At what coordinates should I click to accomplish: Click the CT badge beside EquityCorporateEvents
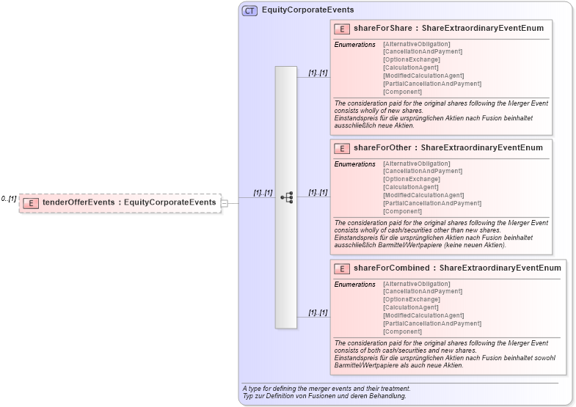pyautogui.click(x=249, y=10)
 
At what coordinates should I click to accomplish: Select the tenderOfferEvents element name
pyautogui.click(x=129, y=202)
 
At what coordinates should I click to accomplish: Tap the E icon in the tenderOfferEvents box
pyautogui.click(x=30, y=203)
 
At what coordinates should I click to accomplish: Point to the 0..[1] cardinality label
pyautogui.click(x=9, y=199)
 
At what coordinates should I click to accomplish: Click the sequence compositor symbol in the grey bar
pyautogui.click(x=286, y=197)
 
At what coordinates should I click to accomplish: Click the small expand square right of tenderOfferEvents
pyautogui.click(x=225, y=203)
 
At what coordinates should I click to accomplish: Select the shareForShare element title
pyautogui.click(x=448, y=29)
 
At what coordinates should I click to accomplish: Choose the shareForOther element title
pyautogui.click(x=448, y=148)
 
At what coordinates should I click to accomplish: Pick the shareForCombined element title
pyautogui.click(x=456, y=268)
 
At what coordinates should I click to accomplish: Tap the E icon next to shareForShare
pyautogui.click(x=341, y=29)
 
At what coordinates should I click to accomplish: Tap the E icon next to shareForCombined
pyautogui.click(x=341, y=269)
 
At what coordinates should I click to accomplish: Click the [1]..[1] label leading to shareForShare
pyautogui.click(x=318, y=73)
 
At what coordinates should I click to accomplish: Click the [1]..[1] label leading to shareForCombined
pyautogui.click(x=318, y=312)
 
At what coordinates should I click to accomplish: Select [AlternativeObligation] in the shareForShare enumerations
pyautogui.click(x=416, y=44)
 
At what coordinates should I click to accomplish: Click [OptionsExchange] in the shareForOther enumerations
pyautogui.click(x=411, y=179)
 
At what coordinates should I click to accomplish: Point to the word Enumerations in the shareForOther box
pyautogui.click(x=354, y=164)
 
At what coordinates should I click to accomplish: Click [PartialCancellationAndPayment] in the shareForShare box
pyautogui.click(x=431, y=84)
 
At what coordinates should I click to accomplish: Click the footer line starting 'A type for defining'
pyautogui.click(x=327, y=388)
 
